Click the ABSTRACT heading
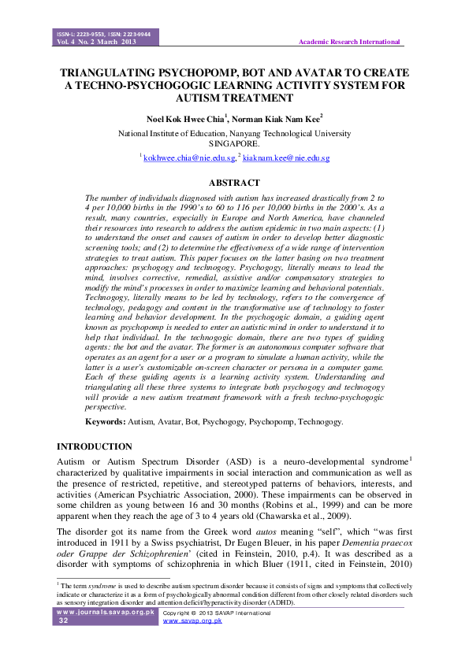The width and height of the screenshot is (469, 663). [234, 183]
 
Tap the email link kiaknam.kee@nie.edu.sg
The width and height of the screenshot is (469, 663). [285, 158]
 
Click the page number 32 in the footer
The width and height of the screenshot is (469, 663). [64, 621]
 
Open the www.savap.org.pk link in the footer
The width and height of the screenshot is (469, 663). [192, 621]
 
